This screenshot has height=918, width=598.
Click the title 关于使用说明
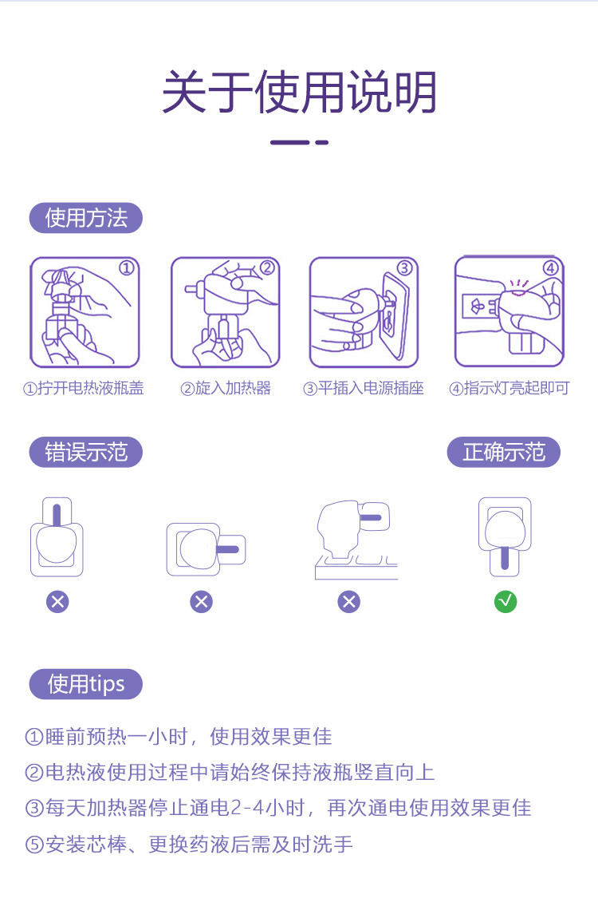point(299,92)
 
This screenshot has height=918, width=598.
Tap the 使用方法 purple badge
point(86,218)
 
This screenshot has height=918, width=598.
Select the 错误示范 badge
point(86,452)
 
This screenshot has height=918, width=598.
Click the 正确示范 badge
point(504,452)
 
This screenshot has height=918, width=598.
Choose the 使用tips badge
point(86,684)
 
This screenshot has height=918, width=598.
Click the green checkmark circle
point(506,602)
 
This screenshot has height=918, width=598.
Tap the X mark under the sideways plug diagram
point(202,602)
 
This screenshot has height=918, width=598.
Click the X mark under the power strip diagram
point(349,602)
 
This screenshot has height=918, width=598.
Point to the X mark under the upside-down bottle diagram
point(57,602)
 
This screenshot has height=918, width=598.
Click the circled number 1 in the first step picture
point(127,268)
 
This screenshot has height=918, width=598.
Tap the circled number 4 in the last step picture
point(551,268)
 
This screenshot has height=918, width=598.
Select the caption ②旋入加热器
point(226,388)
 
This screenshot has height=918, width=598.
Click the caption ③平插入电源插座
point(364,388)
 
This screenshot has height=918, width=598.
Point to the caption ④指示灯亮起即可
point(509,388)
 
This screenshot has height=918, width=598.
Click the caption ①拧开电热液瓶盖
point(84,388)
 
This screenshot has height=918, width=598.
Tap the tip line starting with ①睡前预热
point(179,737)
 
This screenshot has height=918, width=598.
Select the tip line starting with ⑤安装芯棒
point(189,845)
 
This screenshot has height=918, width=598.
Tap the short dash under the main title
point(322,142)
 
